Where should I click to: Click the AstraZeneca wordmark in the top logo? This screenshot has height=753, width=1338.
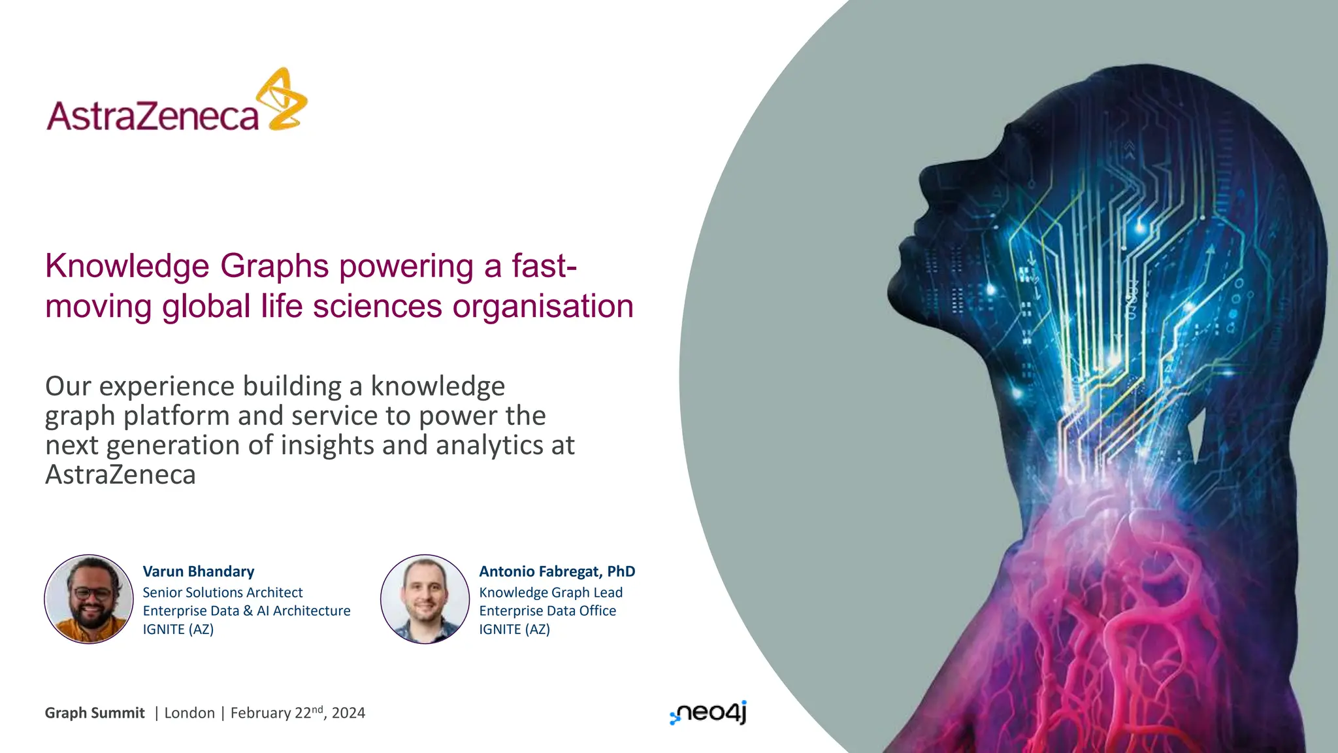tap(153, 116)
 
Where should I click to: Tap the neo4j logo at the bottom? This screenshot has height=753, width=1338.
tap(709, 712)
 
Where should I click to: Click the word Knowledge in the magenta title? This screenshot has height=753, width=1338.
tap(127, 266)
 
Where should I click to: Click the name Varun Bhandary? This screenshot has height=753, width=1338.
tap(199, 571)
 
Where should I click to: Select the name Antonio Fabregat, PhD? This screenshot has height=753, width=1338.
tap(557, 571)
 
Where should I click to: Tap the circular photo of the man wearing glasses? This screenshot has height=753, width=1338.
tap(90, 599)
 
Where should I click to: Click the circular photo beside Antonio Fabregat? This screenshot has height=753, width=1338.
tap(425, 599)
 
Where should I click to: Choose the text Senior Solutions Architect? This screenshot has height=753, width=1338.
tap(223, 592)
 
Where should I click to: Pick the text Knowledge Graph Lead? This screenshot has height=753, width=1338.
tap(551, 592)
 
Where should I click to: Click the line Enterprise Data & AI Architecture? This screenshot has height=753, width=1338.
tap(246, 611)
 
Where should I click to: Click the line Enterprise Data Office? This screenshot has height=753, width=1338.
tap(547, 611)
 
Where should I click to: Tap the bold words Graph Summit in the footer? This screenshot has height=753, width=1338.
tap(95, 713)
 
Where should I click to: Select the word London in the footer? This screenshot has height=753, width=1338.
tap(189, 713)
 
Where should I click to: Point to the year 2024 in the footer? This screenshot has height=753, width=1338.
tap(348, 713)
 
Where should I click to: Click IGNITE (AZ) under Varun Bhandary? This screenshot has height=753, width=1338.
tap(178, 629)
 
